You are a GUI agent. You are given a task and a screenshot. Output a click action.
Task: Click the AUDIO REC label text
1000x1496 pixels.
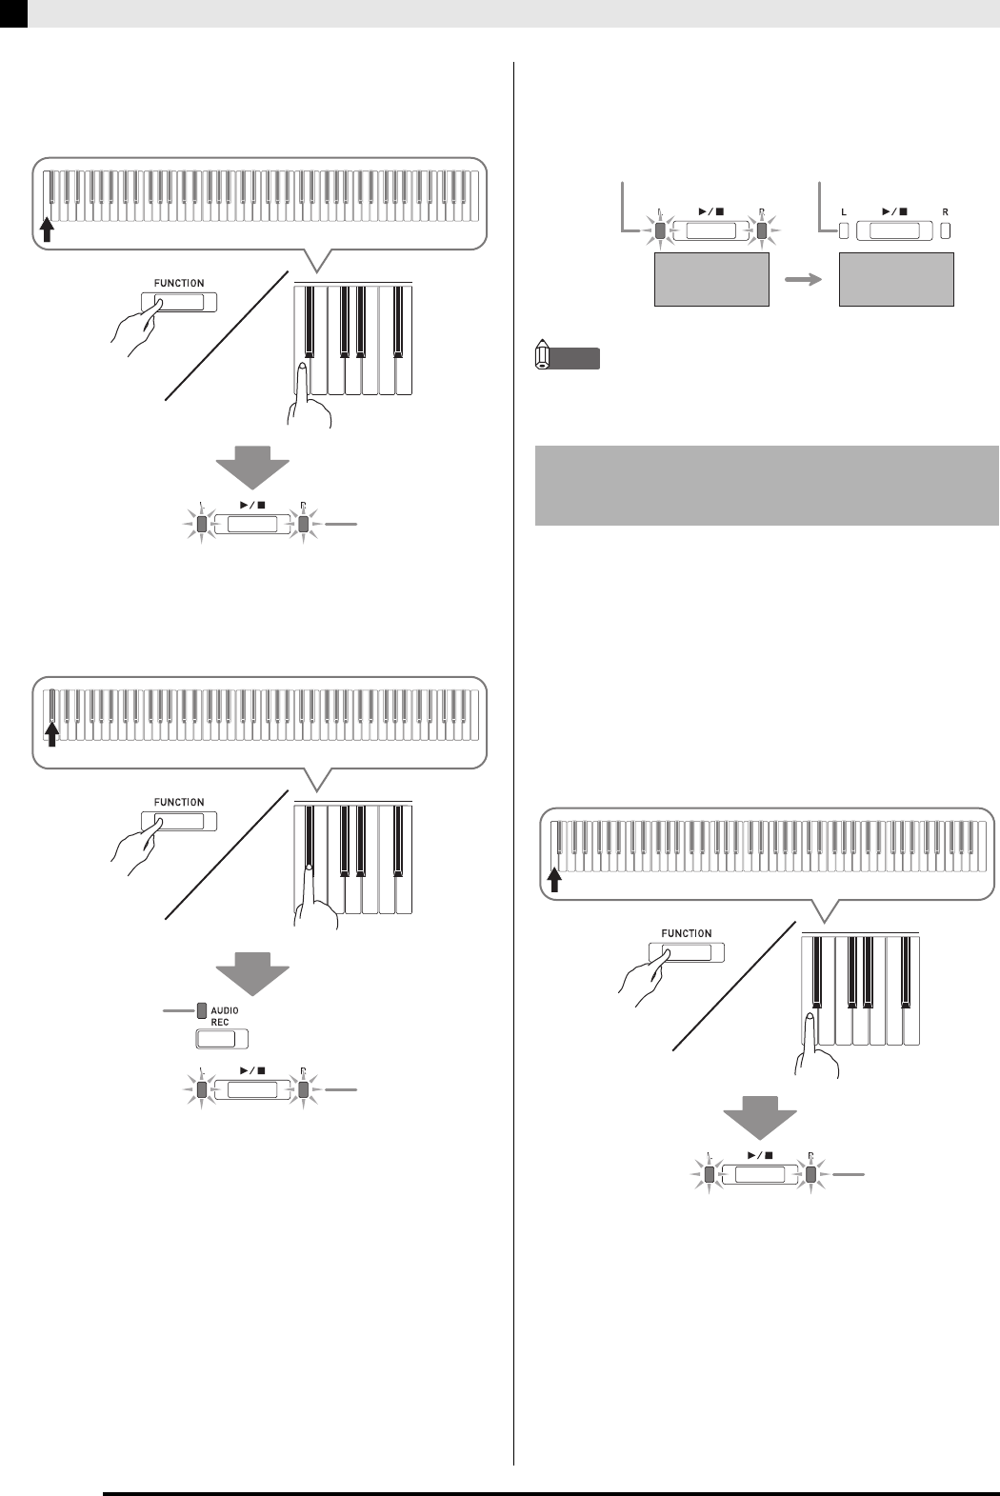pos(226,1015)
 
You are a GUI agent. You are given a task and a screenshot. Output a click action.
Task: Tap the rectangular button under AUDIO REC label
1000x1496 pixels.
pos(221,1039)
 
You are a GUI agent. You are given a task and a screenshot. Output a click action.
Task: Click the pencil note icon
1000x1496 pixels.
pos(543,357)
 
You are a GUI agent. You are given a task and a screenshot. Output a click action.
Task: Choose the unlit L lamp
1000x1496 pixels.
pos(843,230)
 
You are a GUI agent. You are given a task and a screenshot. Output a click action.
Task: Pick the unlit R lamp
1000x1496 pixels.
pos(945,230)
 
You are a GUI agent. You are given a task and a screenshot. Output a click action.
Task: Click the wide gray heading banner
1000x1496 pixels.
pos(767,484)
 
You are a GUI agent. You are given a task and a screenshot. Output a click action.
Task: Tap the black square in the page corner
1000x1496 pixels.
pos(13,12)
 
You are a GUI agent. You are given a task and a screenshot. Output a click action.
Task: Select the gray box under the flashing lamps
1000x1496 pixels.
pos(711,279)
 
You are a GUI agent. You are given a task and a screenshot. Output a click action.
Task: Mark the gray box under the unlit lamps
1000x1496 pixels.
pos(896,279)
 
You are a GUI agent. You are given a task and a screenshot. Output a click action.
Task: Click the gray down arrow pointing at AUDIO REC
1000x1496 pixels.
pos(252,976)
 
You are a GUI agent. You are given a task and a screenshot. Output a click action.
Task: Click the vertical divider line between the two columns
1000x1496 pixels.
pos(514,762)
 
